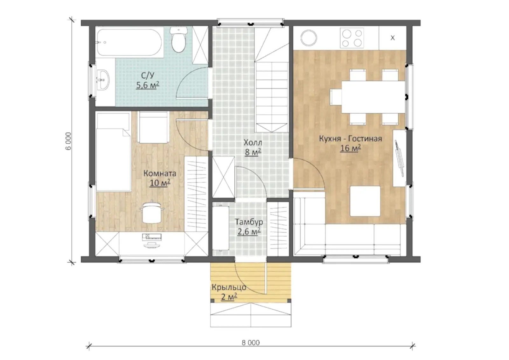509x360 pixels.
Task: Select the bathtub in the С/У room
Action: tap(129, 42)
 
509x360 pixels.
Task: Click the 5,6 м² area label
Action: tap(148, 85)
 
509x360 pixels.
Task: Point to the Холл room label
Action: tap(253, 143)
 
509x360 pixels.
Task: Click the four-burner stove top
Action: tap(352, 38)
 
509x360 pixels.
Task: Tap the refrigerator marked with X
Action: tap(393, 38)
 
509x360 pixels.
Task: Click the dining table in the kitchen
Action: tap(373, 97)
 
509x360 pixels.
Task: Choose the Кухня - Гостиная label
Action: tap(350, 138)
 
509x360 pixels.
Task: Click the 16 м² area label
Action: tap(350, 148)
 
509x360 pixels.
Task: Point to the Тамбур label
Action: tap(249, 222)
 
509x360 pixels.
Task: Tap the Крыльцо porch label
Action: tap(229, 287)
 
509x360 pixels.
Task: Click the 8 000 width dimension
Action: tap(251, 342)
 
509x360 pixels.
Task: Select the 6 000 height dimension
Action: tap(68, 141)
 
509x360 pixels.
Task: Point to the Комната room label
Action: tap(160, 173)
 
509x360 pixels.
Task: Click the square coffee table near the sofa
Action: tap(365, 201)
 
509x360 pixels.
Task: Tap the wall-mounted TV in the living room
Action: tap(399, 158)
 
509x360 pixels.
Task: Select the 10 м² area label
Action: tap(160, 183)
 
